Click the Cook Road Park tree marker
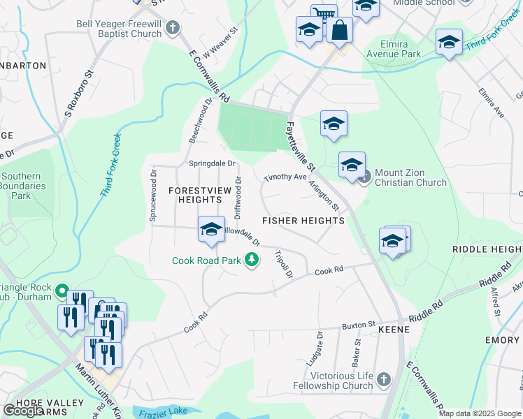[252, 261]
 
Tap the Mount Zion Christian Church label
[410, 177]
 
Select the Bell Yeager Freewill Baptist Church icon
[173, 29]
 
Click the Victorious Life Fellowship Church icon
[382, 380]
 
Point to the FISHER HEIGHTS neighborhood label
[303, 221]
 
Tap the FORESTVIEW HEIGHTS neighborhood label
[189, 195]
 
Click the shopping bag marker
[339, 31]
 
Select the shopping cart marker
[323, 15]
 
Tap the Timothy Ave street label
[285, 177]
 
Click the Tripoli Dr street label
[283, 264]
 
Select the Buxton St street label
[359, 326]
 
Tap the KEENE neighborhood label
[393, 328]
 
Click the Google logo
[23, 410]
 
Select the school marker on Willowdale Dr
[211, 230]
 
